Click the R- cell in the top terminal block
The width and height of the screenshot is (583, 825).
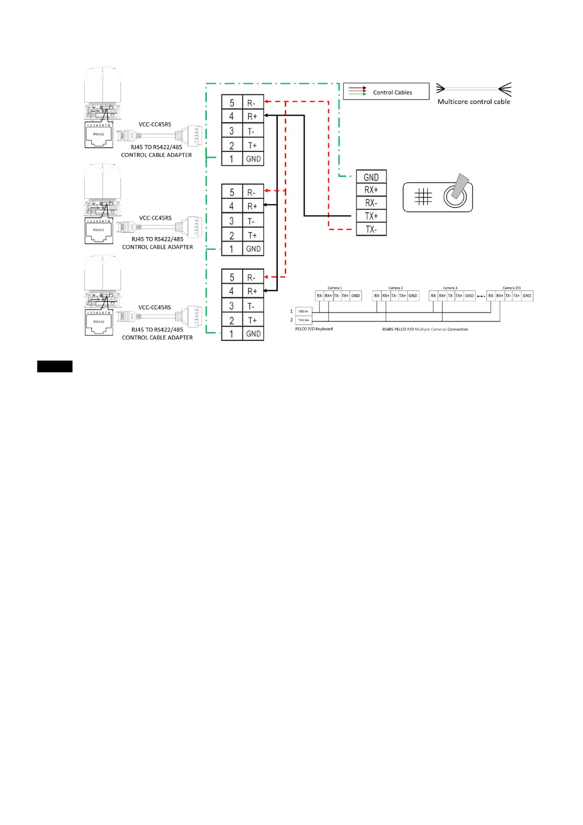(253, 103)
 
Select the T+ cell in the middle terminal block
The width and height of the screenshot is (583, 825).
(253, 235)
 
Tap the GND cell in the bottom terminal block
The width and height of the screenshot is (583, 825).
(253, 334)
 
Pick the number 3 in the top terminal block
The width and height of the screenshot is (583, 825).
(232, 131)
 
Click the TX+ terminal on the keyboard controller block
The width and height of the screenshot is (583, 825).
(371, 216)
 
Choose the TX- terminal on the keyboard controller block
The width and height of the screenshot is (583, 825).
(371, 229)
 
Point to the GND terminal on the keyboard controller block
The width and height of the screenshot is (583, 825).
(371, 177)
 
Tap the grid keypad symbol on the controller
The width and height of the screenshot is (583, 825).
(423, 197)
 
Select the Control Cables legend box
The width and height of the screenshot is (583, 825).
(386, 92)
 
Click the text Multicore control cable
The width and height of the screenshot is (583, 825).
(474, 102)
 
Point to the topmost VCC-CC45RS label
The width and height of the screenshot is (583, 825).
(155, 124)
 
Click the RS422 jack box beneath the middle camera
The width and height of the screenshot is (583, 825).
(99, 231)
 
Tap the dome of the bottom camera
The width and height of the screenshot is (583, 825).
(102, 272)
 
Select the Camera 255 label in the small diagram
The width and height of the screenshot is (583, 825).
(511, 288)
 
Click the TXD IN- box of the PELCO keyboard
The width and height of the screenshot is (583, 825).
(304, 311)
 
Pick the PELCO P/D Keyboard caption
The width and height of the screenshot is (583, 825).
(314, 329)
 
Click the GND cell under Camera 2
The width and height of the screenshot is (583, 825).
(413, 296)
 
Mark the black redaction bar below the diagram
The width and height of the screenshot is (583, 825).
(55, 366)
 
